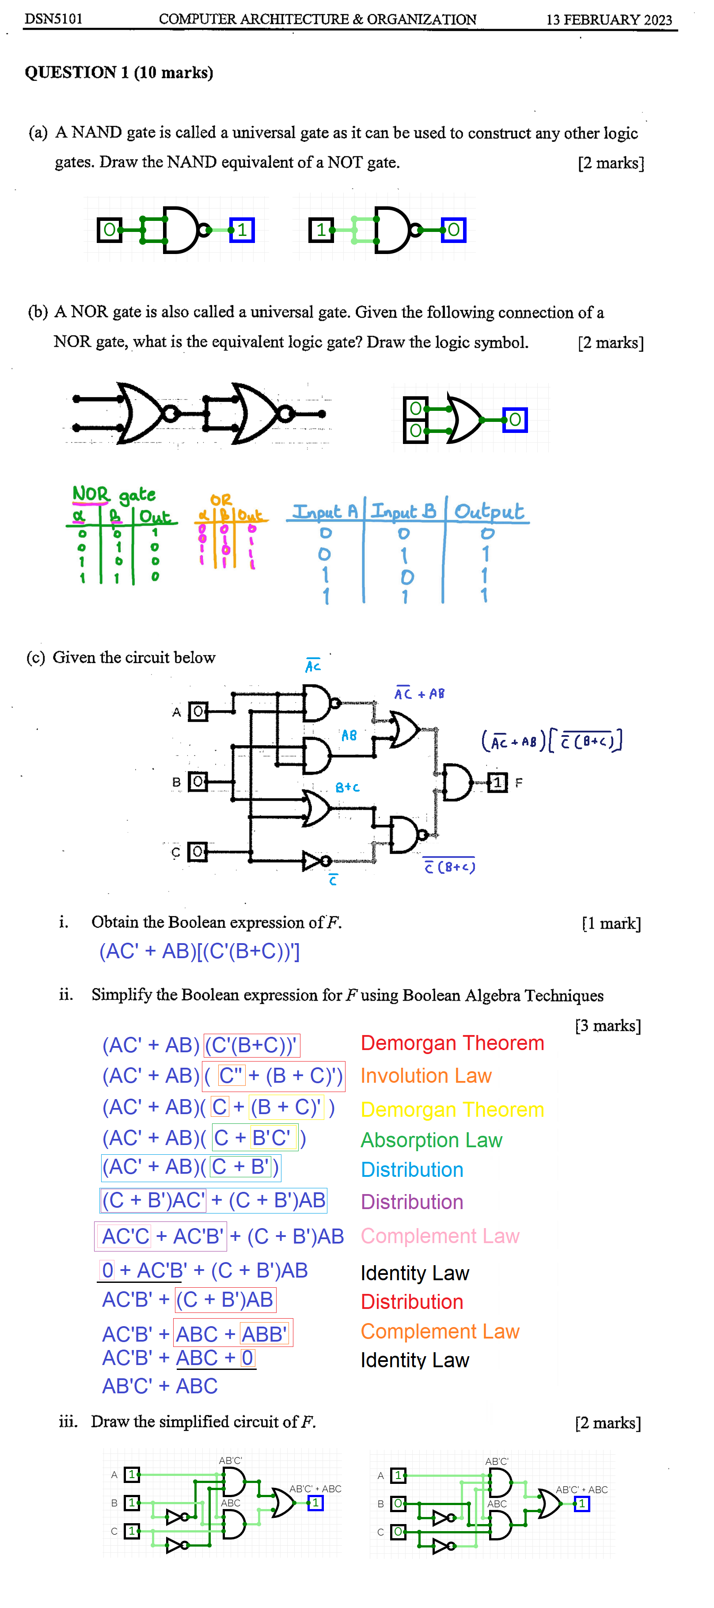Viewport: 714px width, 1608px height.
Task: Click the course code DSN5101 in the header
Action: point(53,19)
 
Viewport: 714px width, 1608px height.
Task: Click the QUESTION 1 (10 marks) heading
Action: point(118,72)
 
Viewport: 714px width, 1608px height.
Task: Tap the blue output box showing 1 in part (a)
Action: point(242,230)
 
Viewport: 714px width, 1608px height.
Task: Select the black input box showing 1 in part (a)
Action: point(321,230)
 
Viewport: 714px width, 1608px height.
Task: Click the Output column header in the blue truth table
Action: point(488,512)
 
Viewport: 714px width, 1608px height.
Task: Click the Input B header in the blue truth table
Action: point(403,512)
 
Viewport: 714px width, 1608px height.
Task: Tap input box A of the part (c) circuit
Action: point(198,711)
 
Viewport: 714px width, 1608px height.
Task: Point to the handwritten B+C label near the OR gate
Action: point(347,788)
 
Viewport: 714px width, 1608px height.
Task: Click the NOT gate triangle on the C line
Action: point(312,861)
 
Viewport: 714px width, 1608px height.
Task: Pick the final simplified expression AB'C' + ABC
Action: point(160,1386)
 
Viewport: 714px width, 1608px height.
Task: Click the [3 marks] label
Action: point(607,1026)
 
